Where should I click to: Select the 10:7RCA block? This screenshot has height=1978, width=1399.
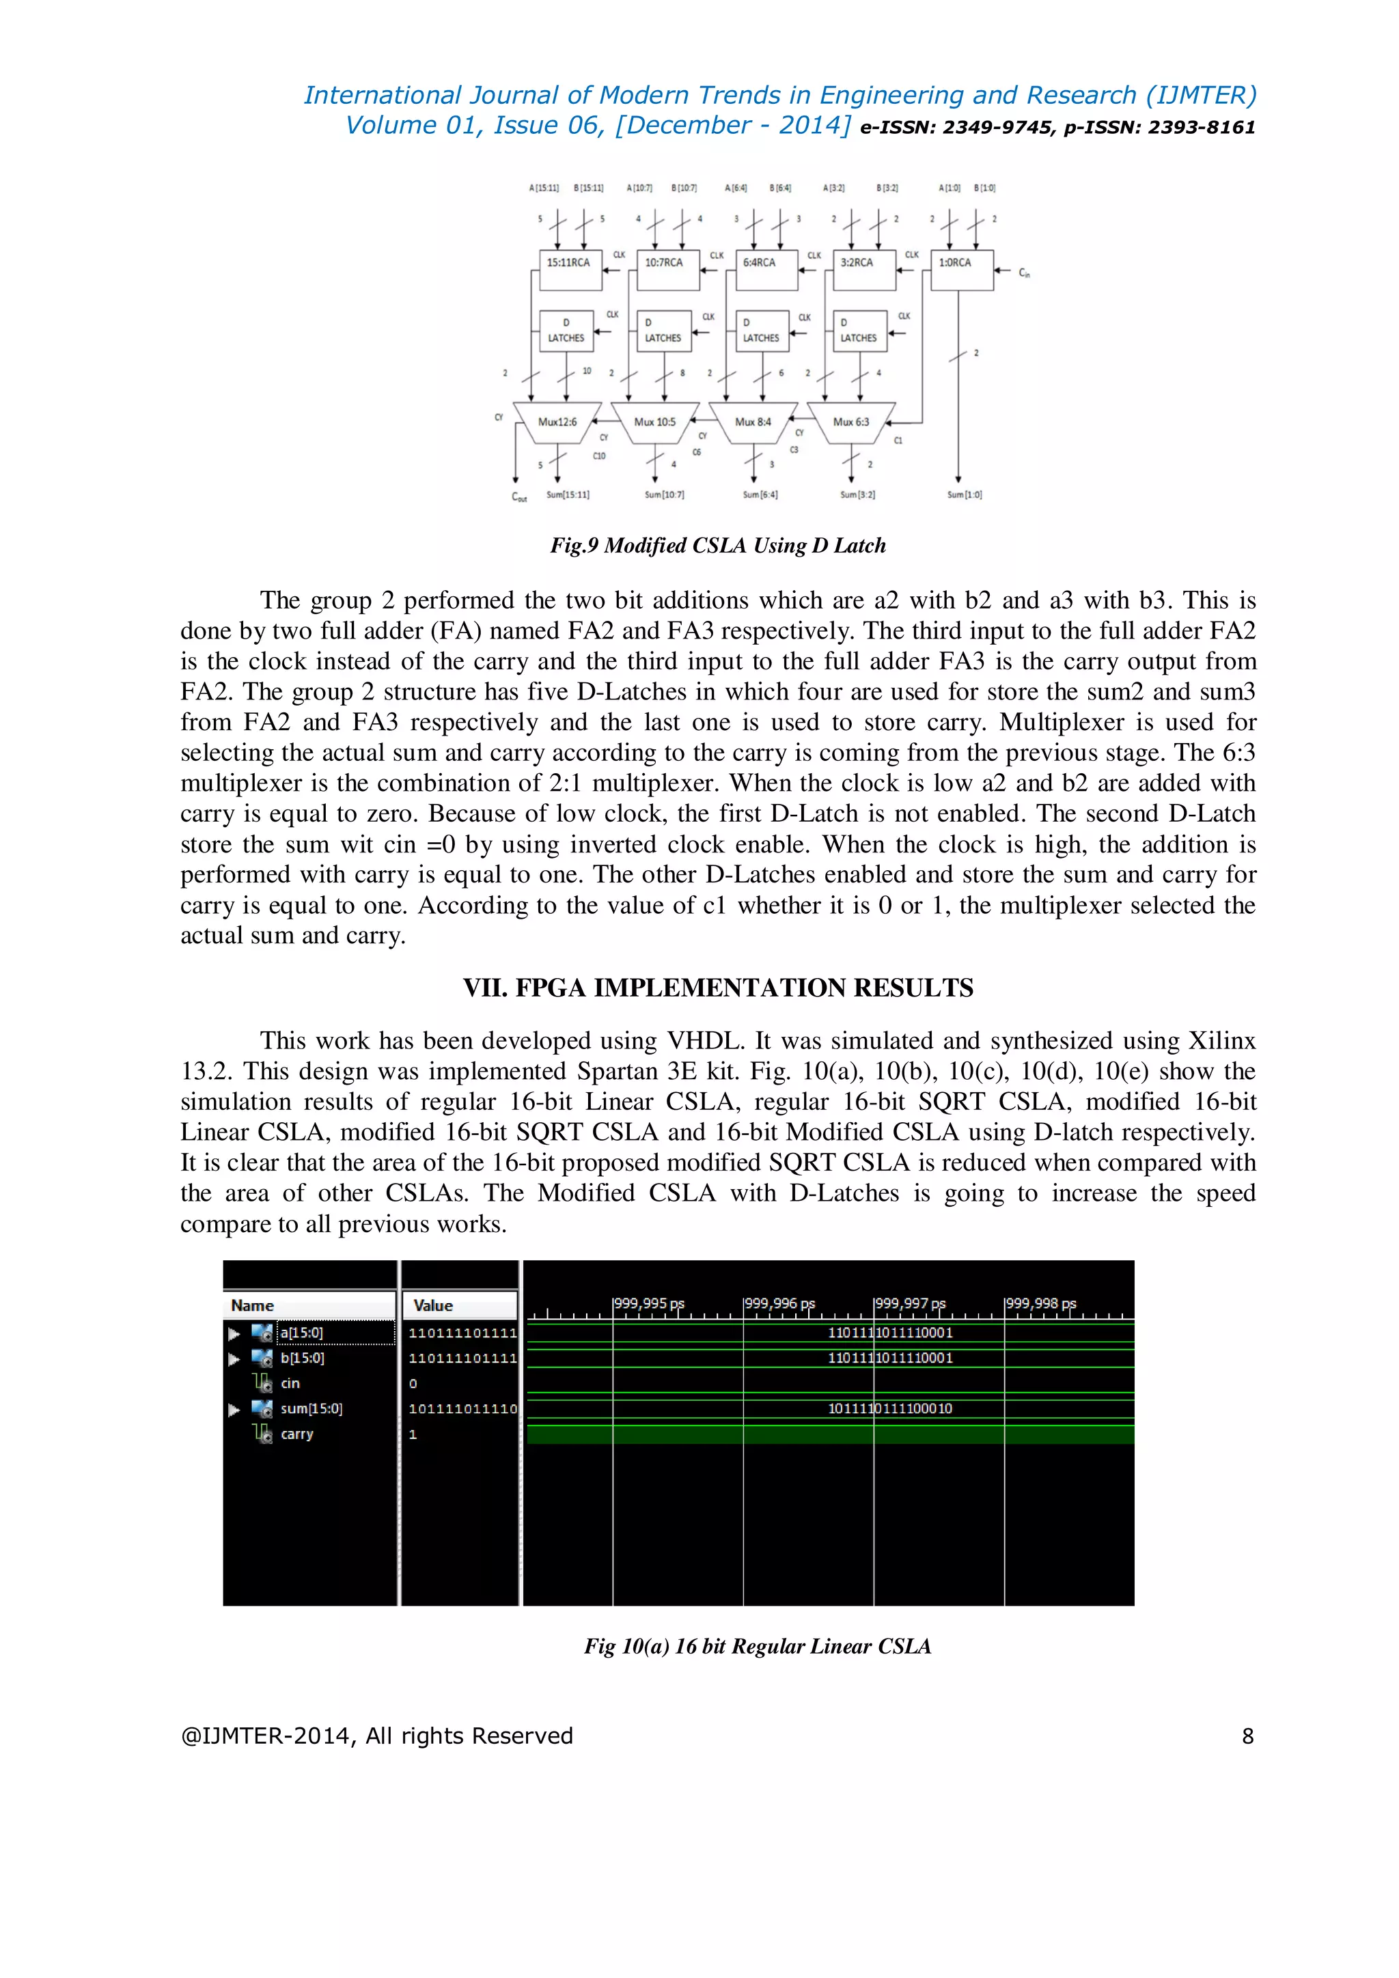tap(667, 270)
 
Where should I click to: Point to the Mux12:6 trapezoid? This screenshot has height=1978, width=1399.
tap(557, 422)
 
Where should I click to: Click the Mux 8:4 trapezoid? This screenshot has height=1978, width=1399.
tap(753, 422)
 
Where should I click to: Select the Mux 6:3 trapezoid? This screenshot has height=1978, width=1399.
tap(851, 422)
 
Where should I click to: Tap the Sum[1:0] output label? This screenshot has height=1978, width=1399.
tap(964, 495)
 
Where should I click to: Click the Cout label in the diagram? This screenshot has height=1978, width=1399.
tap(518, 497)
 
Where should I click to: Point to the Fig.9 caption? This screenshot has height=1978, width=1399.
tap(717, 545)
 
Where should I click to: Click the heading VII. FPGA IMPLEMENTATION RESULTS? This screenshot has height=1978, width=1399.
tap(717, 987)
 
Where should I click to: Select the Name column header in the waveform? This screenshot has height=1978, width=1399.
tap(252, 1305)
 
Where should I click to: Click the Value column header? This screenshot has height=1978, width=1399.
tap(432, 1305)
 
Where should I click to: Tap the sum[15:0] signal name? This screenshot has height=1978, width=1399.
tap(311, 1408)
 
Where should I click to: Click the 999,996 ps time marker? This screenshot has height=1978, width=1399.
tap(779, 1303)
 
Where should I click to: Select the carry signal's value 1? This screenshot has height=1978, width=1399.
tap(413, 1434)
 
